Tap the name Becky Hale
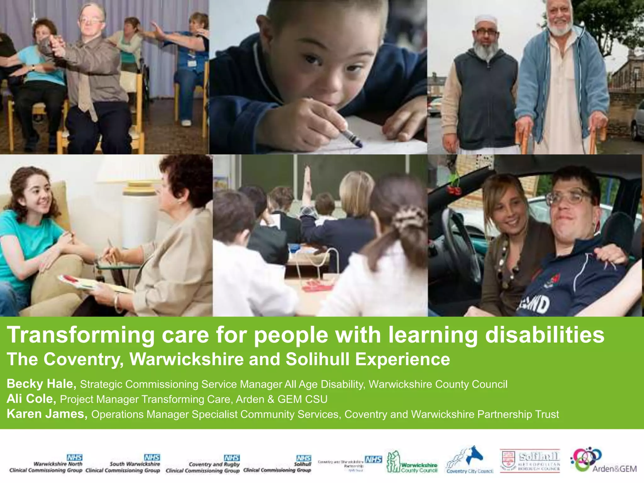click(x=41, y=384)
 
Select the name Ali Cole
click(x=31, y=399)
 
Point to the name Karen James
click(x=47, y=414)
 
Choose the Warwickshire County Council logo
click(x=412, y=462)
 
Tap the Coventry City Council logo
click(x=469, y=460)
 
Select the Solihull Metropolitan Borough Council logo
click(x=530, y=461)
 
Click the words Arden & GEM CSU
click(x=281, y=399)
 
